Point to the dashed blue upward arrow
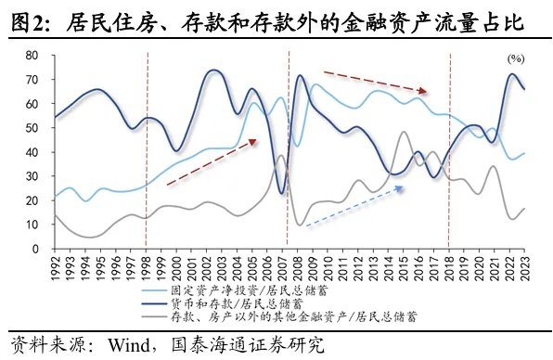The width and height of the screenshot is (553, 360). pos(354,205)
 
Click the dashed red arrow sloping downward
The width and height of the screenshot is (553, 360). pos(375,82)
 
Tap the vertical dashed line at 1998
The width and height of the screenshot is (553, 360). pos(147,153)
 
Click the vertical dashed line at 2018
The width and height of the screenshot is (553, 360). pos(450,153)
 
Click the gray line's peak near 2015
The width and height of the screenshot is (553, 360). pos(404,132)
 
